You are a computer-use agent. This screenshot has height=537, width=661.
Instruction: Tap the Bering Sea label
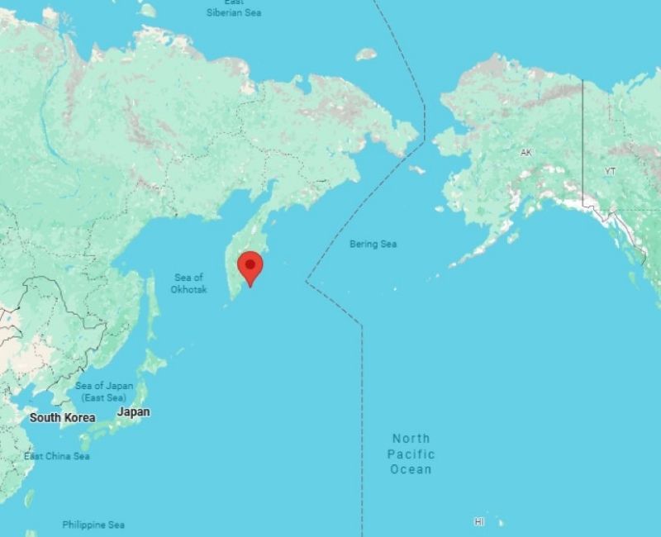[373, 244]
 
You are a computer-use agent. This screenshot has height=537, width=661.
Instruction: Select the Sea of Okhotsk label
[188, 283]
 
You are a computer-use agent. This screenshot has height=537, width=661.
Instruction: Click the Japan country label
[134, 411]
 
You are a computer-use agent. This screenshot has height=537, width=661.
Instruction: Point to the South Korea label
[62, 417]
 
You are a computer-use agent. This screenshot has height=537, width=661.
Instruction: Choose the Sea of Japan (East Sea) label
[104, 392]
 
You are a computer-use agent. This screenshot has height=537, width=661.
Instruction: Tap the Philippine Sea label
[93, 525]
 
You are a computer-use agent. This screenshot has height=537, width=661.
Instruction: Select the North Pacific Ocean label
[411, 454]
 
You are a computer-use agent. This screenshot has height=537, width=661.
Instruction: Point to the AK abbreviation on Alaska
[526, 152]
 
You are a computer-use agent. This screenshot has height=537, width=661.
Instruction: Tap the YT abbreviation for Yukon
[610, 171]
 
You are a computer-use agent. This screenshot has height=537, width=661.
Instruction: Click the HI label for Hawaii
[479, 521]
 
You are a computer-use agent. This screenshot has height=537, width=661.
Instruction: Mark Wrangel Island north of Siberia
[366, 55]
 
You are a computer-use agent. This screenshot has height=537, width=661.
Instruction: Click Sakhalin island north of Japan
[152, 306]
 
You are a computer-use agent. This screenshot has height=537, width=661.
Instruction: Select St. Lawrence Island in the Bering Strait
[416, 169]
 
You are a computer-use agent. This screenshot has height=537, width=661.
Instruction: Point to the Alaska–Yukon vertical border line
[583, 140]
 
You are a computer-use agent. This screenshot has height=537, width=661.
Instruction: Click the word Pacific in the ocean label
[411, 454]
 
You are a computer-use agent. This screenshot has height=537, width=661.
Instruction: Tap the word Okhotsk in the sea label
[188, 289]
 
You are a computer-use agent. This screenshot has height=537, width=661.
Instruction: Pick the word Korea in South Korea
[79, 417]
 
